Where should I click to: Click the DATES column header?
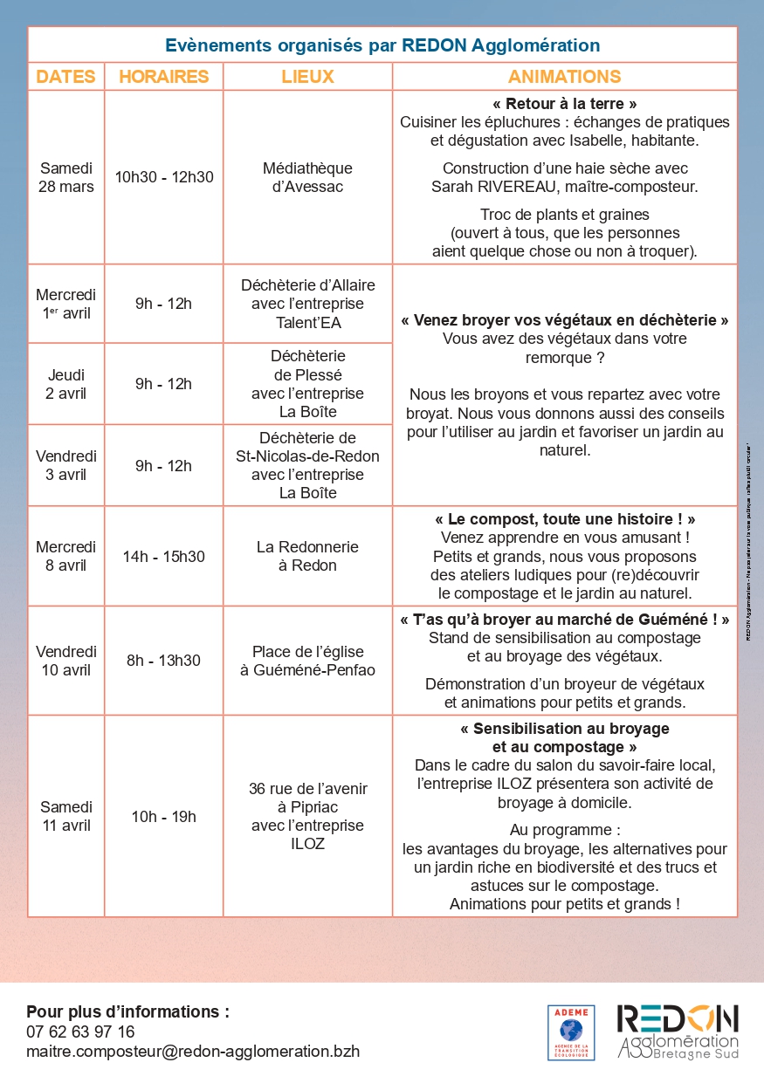65,76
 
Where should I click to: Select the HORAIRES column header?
163,76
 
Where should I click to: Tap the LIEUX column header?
307,76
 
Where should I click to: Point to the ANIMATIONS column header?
564,76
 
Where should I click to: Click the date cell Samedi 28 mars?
65,177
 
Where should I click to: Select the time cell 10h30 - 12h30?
163,177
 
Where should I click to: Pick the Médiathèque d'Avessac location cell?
307,177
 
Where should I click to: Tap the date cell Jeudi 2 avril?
65,384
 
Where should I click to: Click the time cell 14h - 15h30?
163,556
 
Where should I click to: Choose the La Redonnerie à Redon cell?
307,556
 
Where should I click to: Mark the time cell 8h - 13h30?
163,661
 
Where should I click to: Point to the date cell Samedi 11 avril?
65,816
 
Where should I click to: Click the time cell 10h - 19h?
163,816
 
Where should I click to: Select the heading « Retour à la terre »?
564,104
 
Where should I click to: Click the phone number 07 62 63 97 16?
80,1032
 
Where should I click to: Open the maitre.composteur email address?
192,1051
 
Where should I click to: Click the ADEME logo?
571,1032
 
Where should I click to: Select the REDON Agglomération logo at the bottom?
677,1031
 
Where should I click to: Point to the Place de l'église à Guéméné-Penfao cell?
307,661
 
